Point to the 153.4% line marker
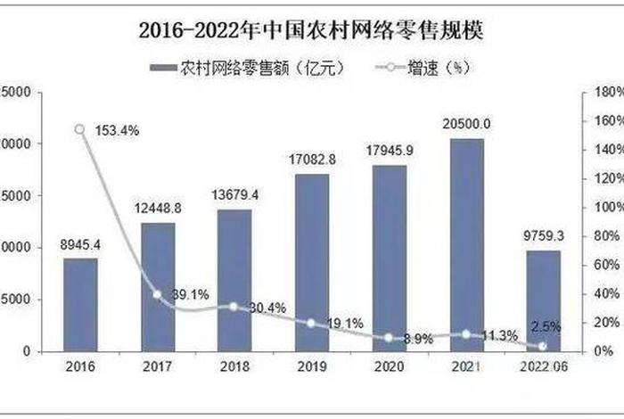(80, 129)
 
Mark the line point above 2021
(464, 334)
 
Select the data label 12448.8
(157, 209)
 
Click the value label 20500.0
(464, 124)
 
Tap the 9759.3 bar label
(541, 237)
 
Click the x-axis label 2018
(234, 366)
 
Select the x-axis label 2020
(388, 366)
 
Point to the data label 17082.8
(311, 160)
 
